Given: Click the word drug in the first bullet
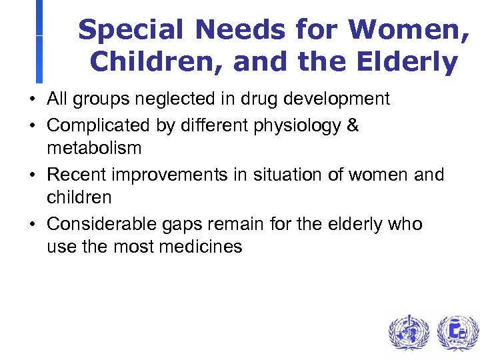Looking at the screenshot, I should [255, 99].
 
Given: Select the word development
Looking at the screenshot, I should [335, 99].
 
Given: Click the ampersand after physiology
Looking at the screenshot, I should [353, 125].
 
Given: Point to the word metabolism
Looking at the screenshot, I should [94, 148].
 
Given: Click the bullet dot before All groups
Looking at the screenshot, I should [32, 100].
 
